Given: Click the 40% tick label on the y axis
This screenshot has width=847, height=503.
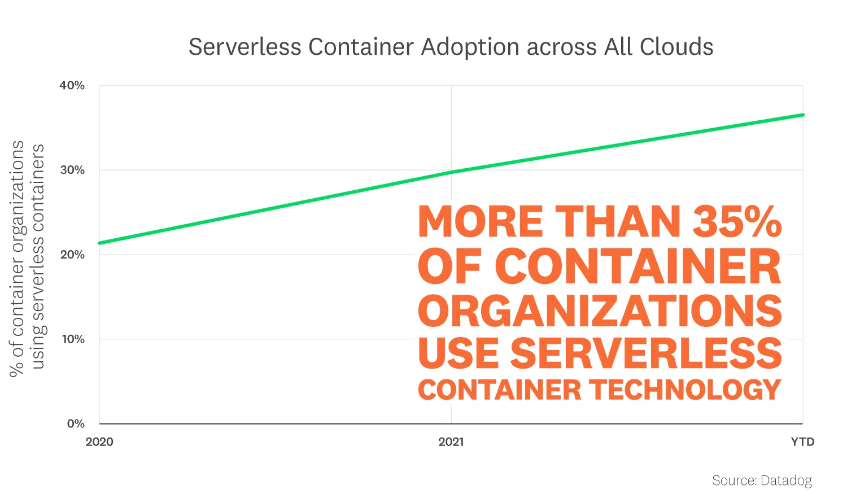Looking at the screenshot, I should [72, 86].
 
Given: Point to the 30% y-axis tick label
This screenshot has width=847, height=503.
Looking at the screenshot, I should [72, 170].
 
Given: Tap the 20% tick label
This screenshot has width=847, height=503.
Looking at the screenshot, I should [72, 255].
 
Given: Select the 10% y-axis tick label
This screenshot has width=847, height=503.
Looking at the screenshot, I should [73, 339].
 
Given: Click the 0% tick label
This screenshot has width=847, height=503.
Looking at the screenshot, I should [76, 424].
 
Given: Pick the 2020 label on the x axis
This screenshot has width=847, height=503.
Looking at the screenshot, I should [99, 442].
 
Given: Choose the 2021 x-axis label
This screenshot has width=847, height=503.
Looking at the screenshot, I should [451, 442].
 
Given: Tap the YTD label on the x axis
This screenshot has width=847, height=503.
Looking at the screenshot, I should [802, 442].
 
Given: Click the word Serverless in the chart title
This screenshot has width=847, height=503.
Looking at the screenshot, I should [245, 47].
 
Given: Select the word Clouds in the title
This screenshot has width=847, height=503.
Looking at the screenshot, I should [676, 47].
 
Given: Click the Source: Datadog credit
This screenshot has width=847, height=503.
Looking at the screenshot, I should [762, 480].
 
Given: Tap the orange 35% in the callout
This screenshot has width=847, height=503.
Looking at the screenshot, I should [737, 221].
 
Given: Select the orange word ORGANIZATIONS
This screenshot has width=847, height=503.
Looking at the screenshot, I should [600, 311].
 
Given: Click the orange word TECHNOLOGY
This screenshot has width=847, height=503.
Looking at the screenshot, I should [685, 390].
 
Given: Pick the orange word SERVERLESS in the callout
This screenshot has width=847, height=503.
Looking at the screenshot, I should [646, 353].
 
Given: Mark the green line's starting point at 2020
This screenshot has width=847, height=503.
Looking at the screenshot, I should [100, 243].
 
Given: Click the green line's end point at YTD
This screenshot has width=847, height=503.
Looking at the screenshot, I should [802, 115].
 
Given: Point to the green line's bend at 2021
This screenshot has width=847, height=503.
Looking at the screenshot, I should [451, 172].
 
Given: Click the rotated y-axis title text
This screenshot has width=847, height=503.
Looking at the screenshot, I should [27, 257].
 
